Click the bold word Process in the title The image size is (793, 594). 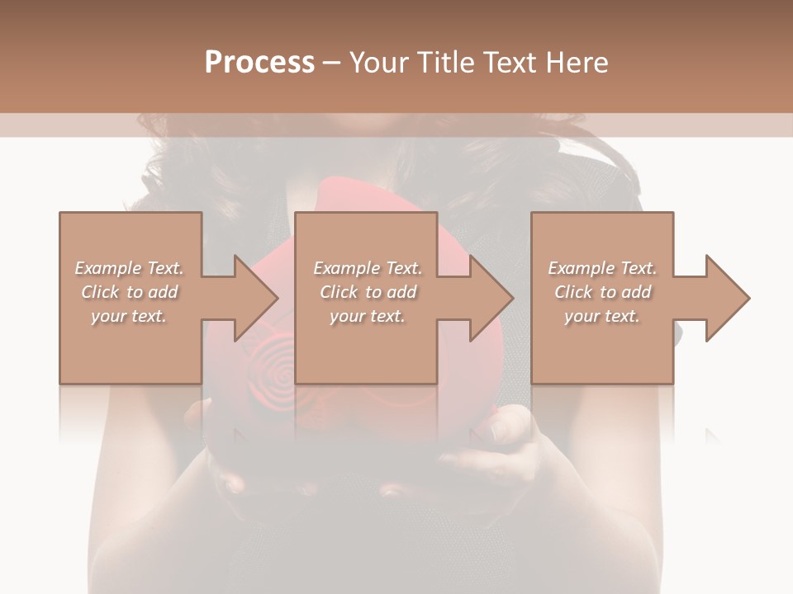[259, 63]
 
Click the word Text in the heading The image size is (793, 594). [510, 63]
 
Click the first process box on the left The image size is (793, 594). [130, 346]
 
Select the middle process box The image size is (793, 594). [366, 346]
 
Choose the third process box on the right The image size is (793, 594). [601, 346]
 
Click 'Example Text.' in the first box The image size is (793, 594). [129, 268]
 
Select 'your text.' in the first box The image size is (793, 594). [129, 316]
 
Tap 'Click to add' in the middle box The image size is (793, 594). [368, 292]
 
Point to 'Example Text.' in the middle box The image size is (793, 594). [368, 268]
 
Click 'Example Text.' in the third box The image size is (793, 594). [602, 268]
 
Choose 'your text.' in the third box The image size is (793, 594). [602, 316]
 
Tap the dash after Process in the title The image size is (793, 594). [331, 63]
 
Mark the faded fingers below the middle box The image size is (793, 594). [504, 429]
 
